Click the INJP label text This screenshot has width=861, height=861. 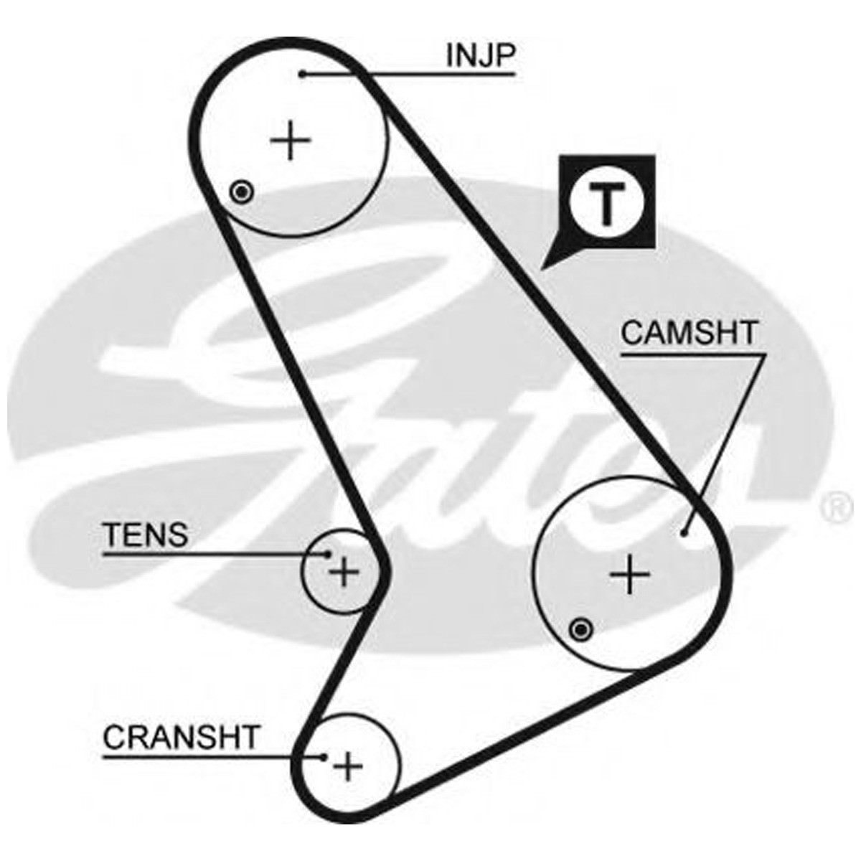(480, 56)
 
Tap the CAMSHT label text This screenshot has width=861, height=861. (689, 333)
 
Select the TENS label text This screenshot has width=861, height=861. (146, 535)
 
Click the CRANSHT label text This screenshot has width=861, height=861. (180, 738)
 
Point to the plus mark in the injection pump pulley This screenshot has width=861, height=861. (291, 141)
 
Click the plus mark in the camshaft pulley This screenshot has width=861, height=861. (630, 574)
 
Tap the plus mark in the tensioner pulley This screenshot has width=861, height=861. (344, 573)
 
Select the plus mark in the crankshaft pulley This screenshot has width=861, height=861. (349, 768)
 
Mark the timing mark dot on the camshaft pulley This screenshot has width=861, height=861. (580, 630)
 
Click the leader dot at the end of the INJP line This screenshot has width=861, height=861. (304, 74)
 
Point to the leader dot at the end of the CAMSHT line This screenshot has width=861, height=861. (684, 532)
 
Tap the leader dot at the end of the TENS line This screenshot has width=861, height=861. (328, 553)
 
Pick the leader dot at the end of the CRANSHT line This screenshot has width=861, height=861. (324, 757)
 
